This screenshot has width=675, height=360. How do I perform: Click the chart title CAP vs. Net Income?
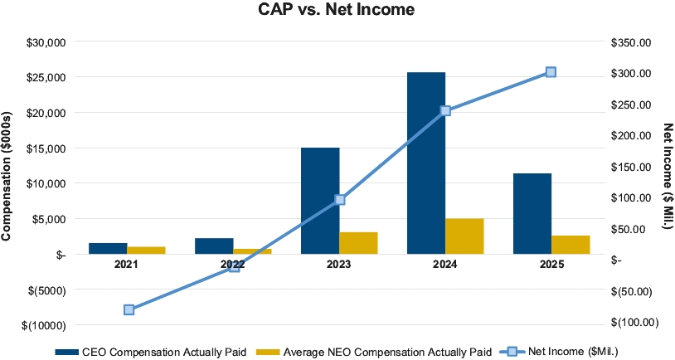(x=337, y=11)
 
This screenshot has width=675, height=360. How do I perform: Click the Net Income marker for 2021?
(x=129, y=309)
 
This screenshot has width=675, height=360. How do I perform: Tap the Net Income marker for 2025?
(x=551, y=72)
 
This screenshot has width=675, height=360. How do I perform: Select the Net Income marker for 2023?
(x=340, y=199)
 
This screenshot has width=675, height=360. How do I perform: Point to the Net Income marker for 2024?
(x=445, y=110)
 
